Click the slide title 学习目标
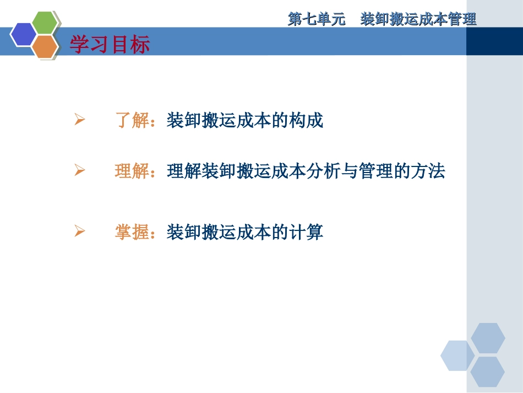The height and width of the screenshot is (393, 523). (110, 45)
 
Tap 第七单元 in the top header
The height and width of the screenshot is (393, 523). (317, 20)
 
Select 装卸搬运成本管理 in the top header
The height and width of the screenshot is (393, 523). (418, 20)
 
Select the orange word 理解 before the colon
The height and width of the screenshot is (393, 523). (132, 172)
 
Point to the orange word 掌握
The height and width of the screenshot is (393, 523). (132, 232)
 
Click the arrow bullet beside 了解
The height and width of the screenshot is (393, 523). (79, 120)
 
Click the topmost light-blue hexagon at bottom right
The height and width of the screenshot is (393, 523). (488, 338)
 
